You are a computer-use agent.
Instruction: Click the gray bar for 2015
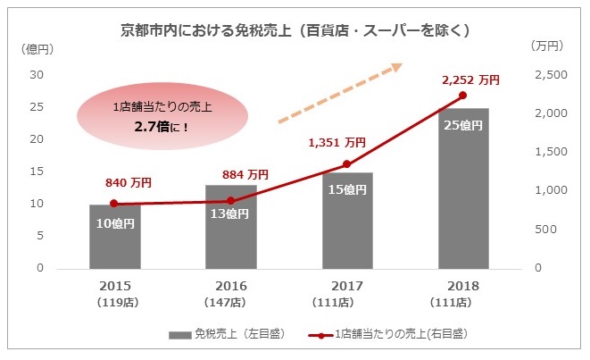pyautogui.click(x=114, y=237)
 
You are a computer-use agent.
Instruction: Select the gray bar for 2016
pyautogui.click(x=230, y=228)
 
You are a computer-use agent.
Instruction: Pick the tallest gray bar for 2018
pyautogui.click(x=462, y=188)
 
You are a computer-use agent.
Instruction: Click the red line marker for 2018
pyautogui.click(x=462, y=95)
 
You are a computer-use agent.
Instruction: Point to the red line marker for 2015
pyautogui.click(x=114, y=204)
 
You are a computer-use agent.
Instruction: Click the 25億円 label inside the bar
pyautogui.click(x=462, y=125)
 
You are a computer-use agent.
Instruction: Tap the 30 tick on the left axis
pyautogui.click(x=38, y=75)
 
